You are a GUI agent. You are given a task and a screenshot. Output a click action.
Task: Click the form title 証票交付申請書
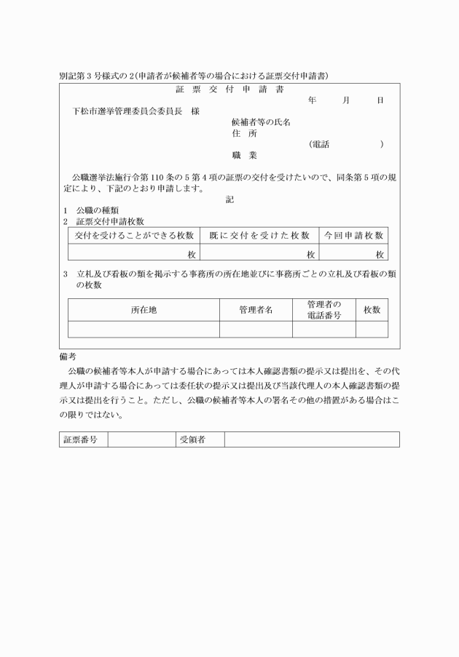pos(229,89)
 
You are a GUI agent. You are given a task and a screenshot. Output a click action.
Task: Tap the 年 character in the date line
pos(312,100)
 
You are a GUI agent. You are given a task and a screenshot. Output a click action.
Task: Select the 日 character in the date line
pos(380,100)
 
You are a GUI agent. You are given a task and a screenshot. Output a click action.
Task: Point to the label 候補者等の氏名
pos(261,122)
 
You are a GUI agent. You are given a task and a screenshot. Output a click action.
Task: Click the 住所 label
pos(244,133)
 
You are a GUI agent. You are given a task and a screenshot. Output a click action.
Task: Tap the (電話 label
pos(319,144)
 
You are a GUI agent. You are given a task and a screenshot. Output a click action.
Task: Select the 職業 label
pos(244,155)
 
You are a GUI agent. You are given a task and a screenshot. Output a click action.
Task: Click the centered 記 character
pos(229,199)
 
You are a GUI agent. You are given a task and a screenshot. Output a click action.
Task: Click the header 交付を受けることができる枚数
pos(134,235)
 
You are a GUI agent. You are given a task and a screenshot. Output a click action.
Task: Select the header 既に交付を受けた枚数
pos(259,235)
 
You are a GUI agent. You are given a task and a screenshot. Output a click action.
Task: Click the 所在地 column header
pos(144,310)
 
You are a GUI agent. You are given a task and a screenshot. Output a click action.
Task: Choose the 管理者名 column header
pos(256,310)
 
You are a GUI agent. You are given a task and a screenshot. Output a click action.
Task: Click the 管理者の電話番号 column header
pos(324,310)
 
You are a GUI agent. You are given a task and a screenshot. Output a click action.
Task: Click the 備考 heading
pos(67,357)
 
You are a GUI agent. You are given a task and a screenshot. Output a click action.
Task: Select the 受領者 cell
pos(192,439)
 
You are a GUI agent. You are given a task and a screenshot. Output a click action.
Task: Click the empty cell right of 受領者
pos(312,439)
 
